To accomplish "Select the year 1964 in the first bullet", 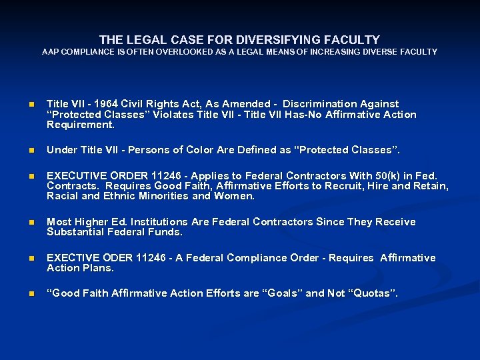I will point(106,104).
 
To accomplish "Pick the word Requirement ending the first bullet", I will point(80,125).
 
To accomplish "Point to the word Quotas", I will point(371,294).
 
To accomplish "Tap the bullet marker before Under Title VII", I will point(29,151).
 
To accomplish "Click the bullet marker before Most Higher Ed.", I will point(29,223).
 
